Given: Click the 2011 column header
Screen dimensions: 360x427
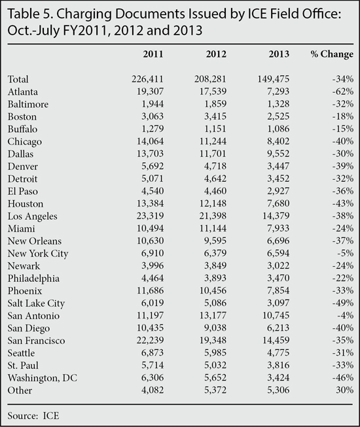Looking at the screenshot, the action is [x=153, y=54].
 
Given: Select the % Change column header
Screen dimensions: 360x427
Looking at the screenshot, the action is [x=332, y=54].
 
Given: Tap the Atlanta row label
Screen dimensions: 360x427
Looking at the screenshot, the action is [x=23, y=92].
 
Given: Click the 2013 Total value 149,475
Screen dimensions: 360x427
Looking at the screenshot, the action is [x=274, y=79].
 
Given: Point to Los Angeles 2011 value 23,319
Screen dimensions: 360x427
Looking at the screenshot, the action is [x=150, y=216].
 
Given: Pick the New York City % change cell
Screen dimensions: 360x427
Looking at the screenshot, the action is [x=346, y=253].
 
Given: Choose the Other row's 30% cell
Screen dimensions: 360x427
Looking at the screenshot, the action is [x=345, y=390].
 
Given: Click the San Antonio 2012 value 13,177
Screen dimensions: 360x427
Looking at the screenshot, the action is [x=213, y=315].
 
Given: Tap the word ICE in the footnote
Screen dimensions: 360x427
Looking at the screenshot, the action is [x=51, y=416].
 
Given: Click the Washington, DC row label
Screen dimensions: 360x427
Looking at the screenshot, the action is [x=43, y=378].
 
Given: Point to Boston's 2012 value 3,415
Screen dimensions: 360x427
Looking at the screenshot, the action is [x=215, y=116].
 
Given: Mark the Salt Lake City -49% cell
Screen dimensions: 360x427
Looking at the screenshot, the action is [x=343, y=303].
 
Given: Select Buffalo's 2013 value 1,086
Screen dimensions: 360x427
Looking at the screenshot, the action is [x=278, y=129].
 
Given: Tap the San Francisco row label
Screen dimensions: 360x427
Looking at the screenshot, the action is [x=36, y=341].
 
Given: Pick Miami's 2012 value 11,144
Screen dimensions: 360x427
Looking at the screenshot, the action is [x=213, y=228].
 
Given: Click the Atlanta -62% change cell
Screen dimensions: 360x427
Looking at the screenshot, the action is [x=343, y=92].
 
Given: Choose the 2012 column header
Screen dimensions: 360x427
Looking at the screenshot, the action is [x=216, y=54].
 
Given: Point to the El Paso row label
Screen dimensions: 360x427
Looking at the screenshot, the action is [x=23, y=191].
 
